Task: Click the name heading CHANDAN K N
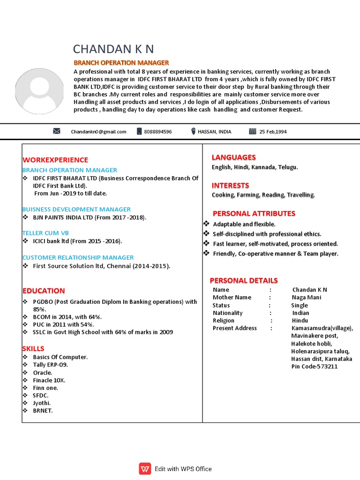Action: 113,49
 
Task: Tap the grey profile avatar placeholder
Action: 40,90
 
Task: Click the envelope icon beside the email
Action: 57,132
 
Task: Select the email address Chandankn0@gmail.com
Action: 98,132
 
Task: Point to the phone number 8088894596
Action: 157,132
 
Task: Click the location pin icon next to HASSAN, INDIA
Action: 193,132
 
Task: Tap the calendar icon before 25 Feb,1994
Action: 252,132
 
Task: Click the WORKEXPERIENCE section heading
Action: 55,160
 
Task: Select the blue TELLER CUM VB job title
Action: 45,233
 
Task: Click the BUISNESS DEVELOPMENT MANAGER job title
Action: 76,209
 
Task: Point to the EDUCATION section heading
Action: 43,291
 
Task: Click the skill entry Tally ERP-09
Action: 53,365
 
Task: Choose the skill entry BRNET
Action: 43,411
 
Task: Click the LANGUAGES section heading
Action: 233,157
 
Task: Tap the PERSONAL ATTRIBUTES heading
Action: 254,214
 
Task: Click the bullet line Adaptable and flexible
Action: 244,225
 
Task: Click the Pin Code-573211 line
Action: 314,367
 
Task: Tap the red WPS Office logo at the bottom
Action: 145,469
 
